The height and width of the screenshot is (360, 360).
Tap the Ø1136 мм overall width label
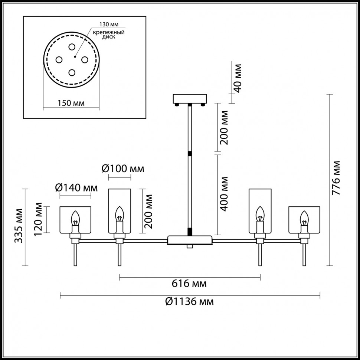tap(189, 302)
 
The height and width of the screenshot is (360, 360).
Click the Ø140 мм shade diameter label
tap(78, 188)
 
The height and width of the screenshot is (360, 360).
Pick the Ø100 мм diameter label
tap(122, 169)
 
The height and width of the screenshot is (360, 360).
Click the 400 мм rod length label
tap(224, 194)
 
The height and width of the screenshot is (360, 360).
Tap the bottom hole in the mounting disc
tap(72, 72)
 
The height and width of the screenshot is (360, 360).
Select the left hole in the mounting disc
tap(59, 59)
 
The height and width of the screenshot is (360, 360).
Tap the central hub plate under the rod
tap(190, 240)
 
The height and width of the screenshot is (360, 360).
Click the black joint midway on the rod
tap(190, 153)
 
